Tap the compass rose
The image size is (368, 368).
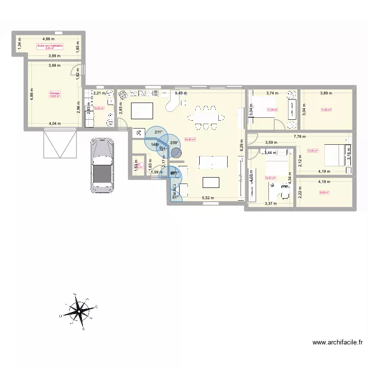(x=78, y=310)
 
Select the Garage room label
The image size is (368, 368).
(x=54, y=95)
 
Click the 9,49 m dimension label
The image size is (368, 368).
(x=182, y=92)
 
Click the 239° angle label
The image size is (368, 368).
(x=174, y=143)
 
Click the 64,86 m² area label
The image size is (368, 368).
(x=190, y=139)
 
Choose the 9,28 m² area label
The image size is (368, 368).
(x=324, y=192)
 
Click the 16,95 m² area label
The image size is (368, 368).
(x=313, y=151)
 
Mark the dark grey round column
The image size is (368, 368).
(x=176, y=154)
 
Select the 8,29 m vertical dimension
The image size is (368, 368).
(x=241, y=145)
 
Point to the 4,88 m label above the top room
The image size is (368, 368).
(x=48, y=38)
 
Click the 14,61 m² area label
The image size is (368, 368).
(x=270, y=178)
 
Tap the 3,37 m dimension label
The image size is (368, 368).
(x=270, y=204)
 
